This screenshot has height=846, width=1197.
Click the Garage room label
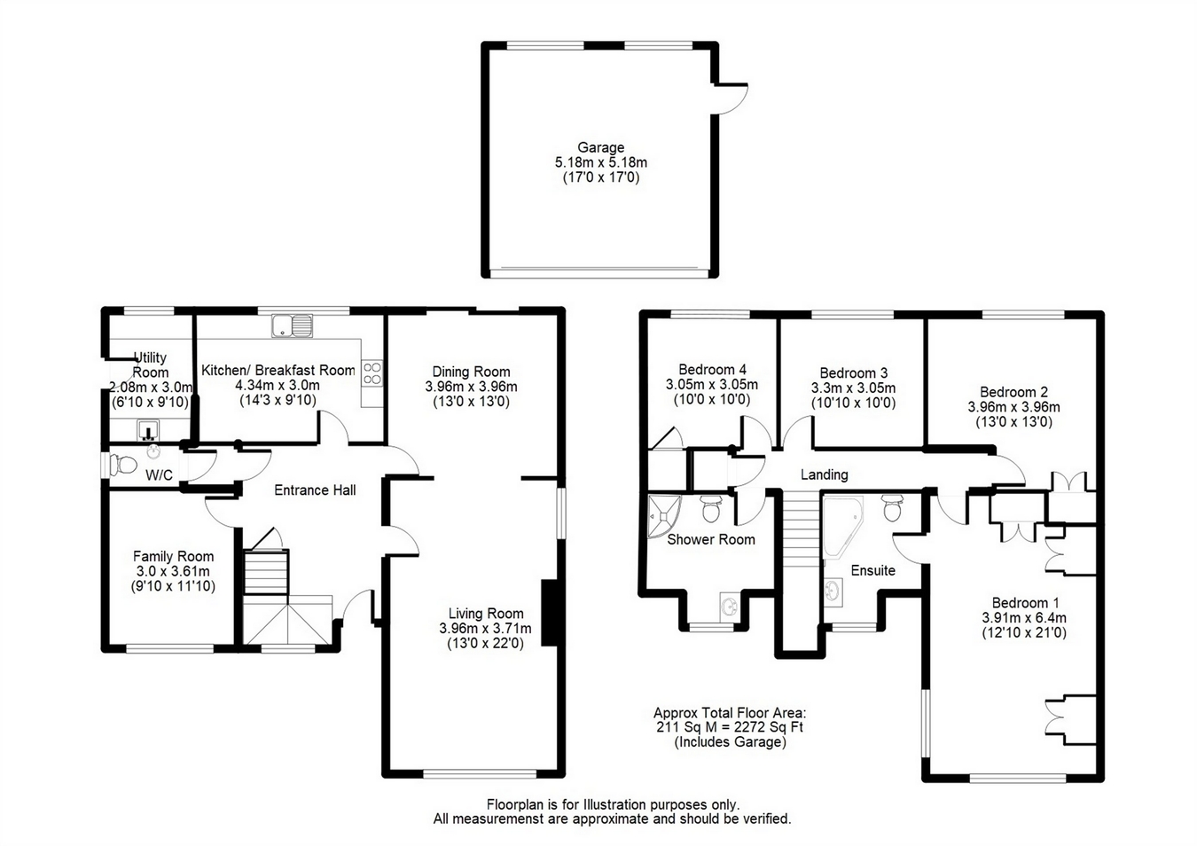coord(600,147)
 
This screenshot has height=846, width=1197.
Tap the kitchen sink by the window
coord(292,325)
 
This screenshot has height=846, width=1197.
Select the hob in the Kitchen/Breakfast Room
coord(372,373)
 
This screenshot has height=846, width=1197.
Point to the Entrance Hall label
coord(315,490)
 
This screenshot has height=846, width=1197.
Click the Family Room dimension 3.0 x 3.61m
coord(173,571)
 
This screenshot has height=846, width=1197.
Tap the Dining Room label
coord(471,372)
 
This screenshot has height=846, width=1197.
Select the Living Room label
coord(486,614)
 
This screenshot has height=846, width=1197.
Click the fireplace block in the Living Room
coord(551,613)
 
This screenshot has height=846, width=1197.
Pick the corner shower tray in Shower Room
coord(662,516)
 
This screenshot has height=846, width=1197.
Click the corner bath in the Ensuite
coord(841,527)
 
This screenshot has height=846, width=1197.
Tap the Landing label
coord(824,474)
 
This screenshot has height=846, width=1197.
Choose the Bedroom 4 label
coord(712,369)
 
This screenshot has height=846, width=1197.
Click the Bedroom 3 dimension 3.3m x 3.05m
coord(853,388)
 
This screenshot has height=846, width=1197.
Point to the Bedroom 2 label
coord(1013,392)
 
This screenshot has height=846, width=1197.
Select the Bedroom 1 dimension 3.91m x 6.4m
coord(1024,618)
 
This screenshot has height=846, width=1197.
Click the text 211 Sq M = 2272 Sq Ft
coord(730,727)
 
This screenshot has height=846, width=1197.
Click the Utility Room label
coord(150,364)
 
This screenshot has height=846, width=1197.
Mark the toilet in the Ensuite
coord(892,508)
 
